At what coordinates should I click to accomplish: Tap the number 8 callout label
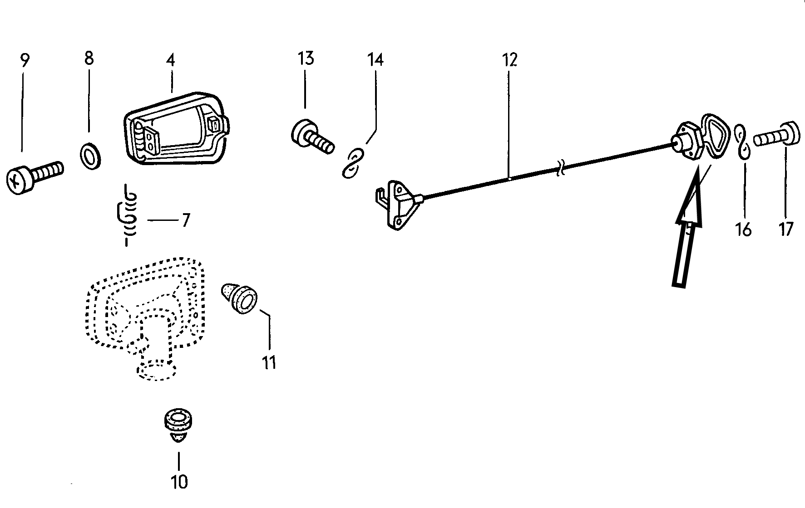[x=89, y=58]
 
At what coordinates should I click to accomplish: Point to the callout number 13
[x=306, y=59]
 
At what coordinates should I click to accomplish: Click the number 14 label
[x=375, y=60]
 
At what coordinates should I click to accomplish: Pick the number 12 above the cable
[x=510, y=60]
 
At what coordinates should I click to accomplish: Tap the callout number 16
[x=743, y=230]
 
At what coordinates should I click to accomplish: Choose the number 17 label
[x=785, y=229]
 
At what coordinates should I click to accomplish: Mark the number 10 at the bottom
[x=179, y=482]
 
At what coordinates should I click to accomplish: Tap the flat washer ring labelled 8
[x=90, y=154]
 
